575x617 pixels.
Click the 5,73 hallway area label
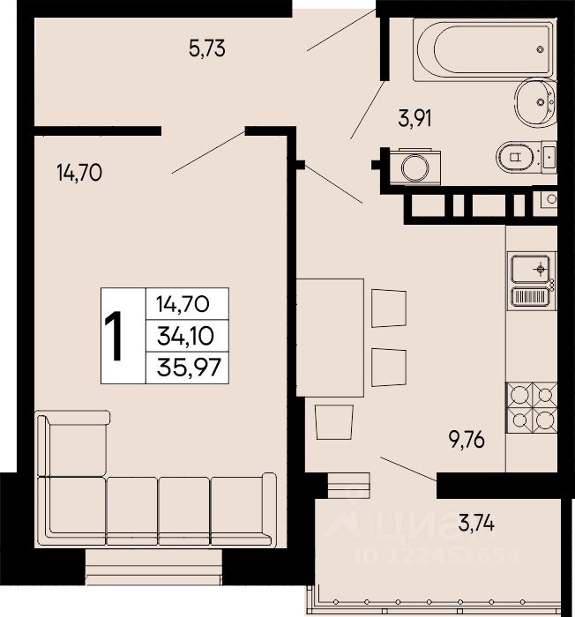coord(206,48)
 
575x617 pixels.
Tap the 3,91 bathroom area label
coord(414,118)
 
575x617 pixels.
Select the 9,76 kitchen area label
coord(467,440)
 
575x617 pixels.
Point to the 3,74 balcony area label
coord(476,523)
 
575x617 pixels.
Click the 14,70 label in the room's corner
coord(79,173)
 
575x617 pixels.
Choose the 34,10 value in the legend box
coord(185,336)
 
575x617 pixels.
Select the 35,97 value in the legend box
coord(188,368)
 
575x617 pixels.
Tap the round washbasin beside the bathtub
coord(535,102)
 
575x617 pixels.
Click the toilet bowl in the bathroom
coord(516,157)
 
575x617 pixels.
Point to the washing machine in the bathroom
coord(414,167)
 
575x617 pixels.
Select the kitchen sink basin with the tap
coord(531,269)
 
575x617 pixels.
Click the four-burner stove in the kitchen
coord(532,407)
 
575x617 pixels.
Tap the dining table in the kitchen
coord(330,338)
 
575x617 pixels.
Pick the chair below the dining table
coord(334,422)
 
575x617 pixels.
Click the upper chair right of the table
coord(389,308)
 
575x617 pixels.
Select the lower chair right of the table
coord(389,368)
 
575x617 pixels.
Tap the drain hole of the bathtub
coord(541,49)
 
